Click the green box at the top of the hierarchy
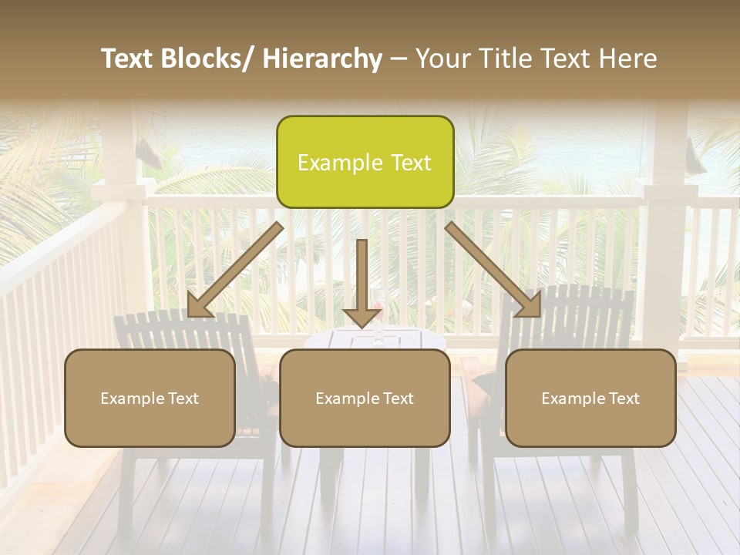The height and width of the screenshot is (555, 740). (x=365, y=162)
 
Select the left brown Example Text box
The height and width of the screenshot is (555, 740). (x=150, y=398)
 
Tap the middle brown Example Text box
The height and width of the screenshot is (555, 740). (x=365, y=398)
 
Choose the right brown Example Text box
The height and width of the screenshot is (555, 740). (x=590, y=398)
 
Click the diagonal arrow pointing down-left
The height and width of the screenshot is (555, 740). (x=234, y=271)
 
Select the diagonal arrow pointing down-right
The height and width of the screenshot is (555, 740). (x=493, y=270)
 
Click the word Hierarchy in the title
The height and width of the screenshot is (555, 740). (x=323, y=59)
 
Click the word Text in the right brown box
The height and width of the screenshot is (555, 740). (x=622, y=399)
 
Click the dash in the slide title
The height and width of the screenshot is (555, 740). (x=399, y=59)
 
